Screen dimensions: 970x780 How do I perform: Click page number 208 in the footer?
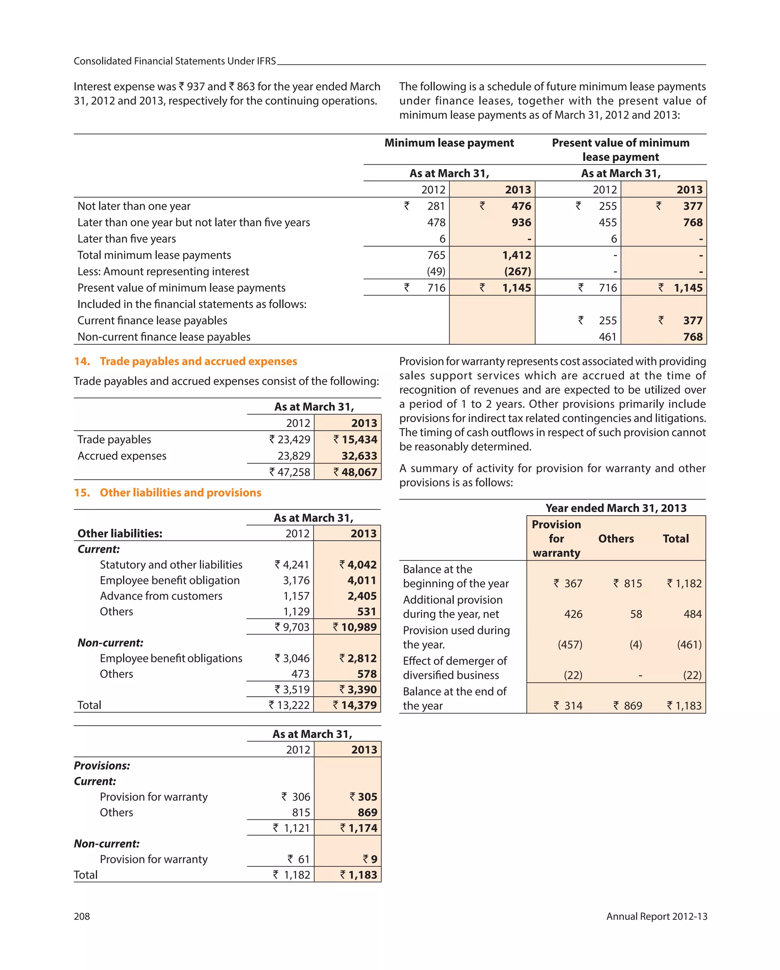(x=82, y=916)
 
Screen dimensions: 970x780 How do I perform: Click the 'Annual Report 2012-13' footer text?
(x=656, y=916)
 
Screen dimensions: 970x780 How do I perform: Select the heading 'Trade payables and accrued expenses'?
(x=198, y=361)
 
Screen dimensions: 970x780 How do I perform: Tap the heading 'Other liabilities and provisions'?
(x=181, y=493)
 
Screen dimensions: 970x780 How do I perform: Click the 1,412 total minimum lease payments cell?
(x=516, y=255)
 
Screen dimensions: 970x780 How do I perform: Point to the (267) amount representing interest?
(x=517, y=271)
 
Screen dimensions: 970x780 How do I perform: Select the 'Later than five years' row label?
(x=126, y=239)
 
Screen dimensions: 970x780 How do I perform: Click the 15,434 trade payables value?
(x=359, y=440)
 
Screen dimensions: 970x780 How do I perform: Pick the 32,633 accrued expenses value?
(x=359, y=456)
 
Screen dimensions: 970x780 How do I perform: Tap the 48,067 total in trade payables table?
(x=359, y=472)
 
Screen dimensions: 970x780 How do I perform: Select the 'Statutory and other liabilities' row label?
(x=171, y=565)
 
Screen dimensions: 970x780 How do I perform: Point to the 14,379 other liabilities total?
(x=358, y=705)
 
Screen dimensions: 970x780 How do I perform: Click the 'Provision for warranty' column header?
(x=556, y=539)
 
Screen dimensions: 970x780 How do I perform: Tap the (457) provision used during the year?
(x=570, y=645)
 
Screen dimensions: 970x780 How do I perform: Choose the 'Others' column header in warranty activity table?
(x=616, y=539)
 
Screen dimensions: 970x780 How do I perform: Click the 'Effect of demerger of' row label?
(x=454, y=661)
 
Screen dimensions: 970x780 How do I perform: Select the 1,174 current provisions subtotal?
(x=363, y=828)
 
